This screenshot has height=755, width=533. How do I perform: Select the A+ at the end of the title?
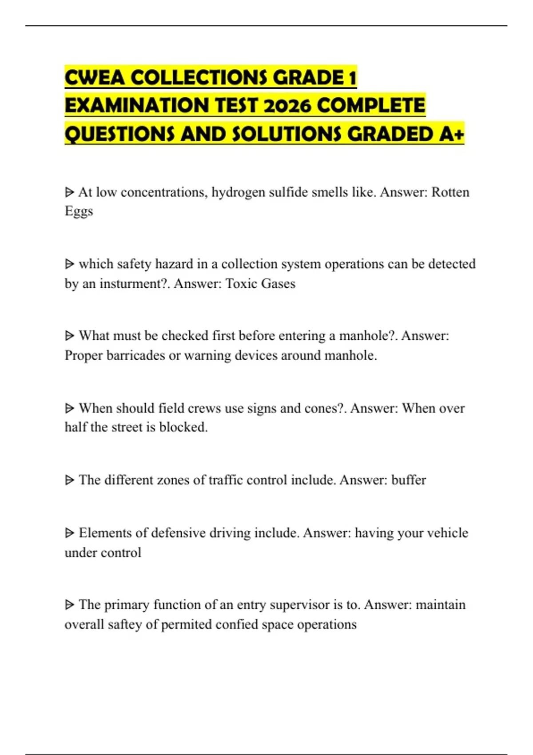point(451,134)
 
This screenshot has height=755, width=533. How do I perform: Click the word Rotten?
point(450,192)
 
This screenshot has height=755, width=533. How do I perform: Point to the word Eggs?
point(79,211)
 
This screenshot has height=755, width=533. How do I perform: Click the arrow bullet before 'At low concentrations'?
point(69,192)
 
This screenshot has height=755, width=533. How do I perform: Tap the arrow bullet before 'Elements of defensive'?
point(69,533)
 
